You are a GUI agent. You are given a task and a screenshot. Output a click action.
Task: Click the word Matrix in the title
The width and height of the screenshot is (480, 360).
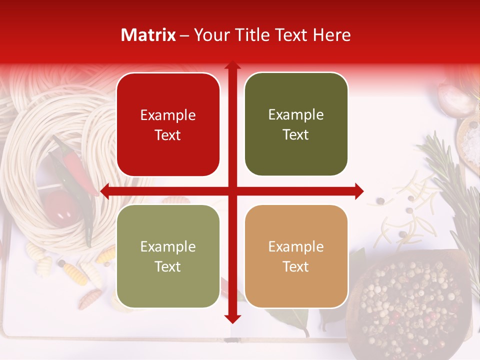click(148, 35)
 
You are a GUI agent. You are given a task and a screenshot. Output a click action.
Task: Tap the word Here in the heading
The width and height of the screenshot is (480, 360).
click(331, 35)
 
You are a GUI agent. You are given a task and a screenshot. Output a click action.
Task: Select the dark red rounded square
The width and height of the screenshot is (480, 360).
click(168, 124)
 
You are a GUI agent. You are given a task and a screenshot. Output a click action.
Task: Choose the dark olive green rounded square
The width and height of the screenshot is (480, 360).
click(296, 124)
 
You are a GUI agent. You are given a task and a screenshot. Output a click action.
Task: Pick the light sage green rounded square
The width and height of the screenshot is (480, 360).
click(168, 256)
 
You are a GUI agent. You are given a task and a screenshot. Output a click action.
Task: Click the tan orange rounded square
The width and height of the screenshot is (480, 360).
click(296, 256)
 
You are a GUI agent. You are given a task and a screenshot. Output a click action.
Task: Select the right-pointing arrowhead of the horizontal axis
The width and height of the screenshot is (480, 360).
click(359, 191)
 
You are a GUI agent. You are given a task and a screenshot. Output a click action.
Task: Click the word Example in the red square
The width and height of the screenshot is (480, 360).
click(168, 115)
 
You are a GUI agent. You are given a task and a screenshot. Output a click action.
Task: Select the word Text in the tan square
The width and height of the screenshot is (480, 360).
click(296, 267)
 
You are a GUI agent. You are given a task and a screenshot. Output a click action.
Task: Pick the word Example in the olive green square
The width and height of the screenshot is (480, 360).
click(296, 115)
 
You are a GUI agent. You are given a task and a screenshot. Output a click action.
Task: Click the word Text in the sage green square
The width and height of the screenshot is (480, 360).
click(168, 267)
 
